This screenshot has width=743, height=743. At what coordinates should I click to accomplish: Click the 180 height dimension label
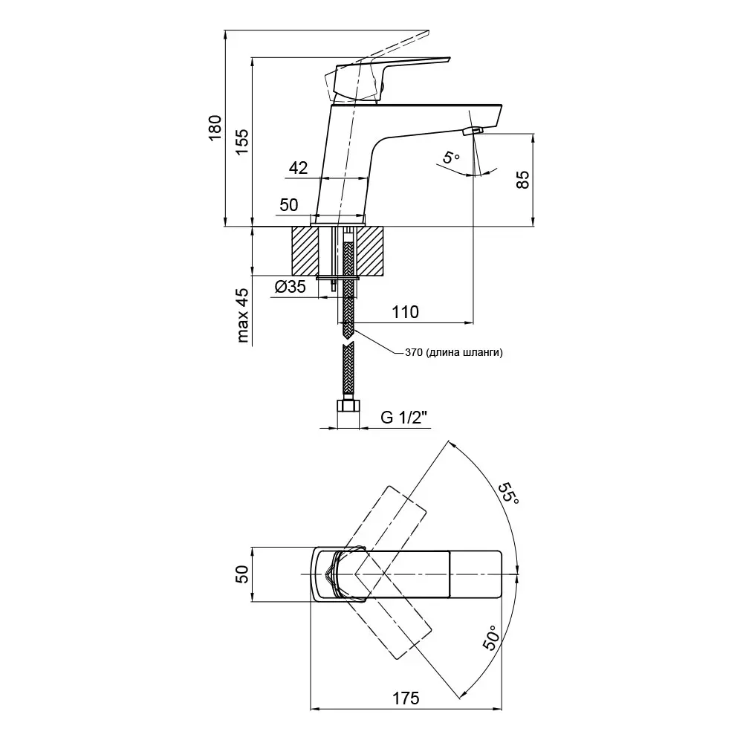[x=215, y=128]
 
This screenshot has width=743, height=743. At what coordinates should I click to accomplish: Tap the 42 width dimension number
[x=298, y=169]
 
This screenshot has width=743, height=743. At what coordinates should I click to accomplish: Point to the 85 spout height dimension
[x=522, y=180]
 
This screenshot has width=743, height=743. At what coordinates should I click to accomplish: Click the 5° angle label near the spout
[x=451, y=158]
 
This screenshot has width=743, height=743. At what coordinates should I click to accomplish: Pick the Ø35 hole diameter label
[x=290, y=288]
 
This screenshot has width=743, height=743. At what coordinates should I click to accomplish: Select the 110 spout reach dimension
[x=405, y=312]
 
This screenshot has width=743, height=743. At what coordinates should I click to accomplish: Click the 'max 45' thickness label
[x=242, y=315]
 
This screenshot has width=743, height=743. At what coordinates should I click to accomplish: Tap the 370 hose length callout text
[x=454, y=353]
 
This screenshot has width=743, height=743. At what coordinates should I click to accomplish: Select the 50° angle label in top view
[x=491, y=638]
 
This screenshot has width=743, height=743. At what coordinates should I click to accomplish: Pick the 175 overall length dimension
[x=406, y=698]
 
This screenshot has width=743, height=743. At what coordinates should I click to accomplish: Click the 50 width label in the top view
[x=241, y=575]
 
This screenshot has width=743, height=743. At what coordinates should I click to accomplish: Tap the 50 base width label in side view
[x=288, y=204]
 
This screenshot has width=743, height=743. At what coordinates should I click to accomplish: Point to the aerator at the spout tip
[x=472, y=132]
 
